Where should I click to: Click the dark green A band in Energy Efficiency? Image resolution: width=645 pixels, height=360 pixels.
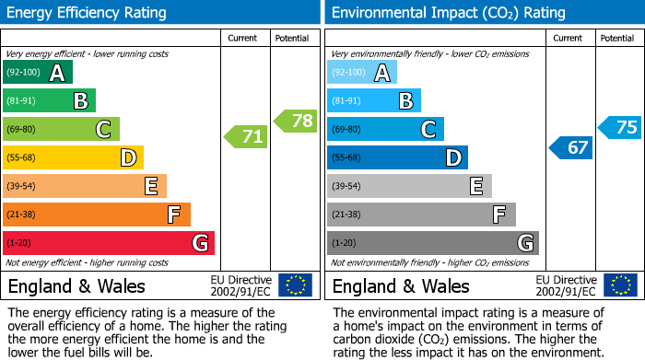pos(38,73)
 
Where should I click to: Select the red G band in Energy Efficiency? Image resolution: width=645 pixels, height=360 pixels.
pos(109,243)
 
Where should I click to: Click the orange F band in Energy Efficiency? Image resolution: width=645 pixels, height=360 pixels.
pos(97,215)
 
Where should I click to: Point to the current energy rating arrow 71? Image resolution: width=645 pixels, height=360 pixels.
pos(247,137)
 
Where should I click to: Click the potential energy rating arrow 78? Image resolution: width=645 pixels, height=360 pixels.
pos(296,120)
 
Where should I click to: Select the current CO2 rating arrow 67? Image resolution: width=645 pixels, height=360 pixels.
pos(571,147)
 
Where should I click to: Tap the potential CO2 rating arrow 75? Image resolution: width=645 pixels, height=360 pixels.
pos(620,128)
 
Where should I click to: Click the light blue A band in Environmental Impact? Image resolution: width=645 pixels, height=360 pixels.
pos(362,73)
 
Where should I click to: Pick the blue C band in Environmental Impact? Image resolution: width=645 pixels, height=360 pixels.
pos(385,130)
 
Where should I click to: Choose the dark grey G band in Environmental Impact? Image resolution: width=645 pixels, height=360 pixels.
pos(432,243)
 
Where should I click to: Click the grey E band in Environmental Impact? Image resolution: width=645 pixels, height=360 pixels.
pos(409,187)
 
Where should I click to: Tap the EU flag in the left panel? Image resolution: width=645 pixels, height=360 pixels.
pos(295,285)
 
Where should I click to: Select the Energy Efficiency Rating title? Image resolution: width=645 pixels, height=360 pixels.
pos(88,13)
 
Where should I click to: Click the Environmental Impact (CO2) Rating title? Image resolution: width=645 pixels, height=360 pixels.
pos(448,13)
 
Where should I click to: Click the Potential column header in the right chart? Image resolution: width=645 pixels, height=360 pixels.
pos(617,38)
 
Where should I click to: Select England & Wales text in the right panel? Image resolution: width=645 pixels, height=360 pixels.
pos(401,286)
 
